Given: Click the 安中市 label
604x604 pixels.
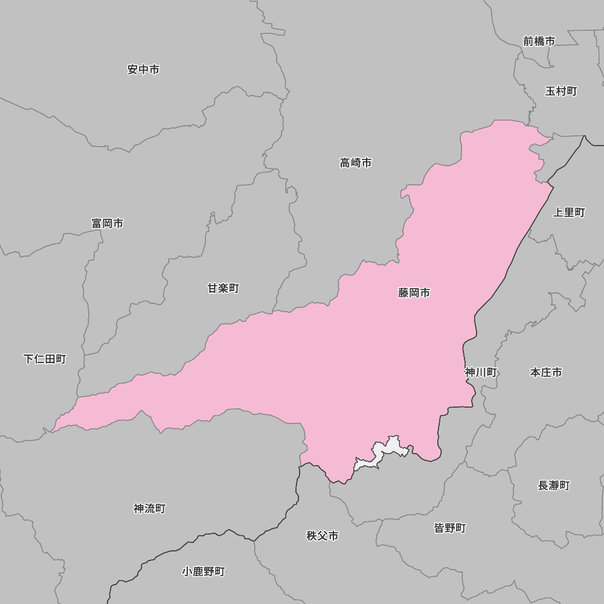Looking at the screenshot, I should click(x=143, y=69).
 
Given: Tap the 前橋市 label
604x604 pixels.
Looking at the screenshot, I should click(x=539, y=41).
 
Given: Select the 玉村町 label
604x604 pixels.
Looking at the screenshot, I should click(x=561, y=91).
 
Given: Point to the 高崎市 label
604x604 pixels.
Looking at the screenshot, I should click(x=355, y=162).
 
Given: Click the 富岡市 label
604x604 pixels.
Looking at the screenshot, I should click(x=108, y=223).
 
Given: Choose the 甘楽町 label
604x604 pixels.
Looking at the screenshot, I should click(x=223, y=288).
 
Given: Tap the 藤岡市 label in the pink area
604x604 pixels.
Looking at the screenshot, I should click(x=414, y=292).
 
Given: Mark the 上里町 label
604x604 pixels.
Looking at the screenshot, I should click(x=569, y=212).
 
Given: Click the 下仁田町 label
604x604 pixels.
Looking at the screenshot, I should click(x=45, y=359).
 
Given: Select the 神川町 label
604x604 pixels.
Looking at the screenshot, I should click(x=481, y=372).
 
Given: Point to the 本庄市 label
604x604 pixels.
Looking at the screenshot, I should click(x=546, y=372).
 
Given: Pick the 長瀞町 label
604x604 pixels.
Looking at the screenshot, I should click(x=553, y=485).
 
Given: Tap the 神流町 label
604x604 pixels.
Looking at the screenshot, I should click(x=149, y=509).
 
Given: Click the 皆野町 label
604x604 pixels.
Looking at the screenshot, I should click(x=450, y=528).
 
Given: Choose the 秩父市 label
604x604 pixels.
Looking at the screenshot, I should click(x=323, y=535).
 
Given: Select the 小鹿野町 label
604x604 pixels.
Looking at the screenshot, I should click(x=204, y=571).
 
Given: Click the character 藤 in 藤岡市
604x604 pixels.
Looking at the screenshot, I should click(x=403, y=292).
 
